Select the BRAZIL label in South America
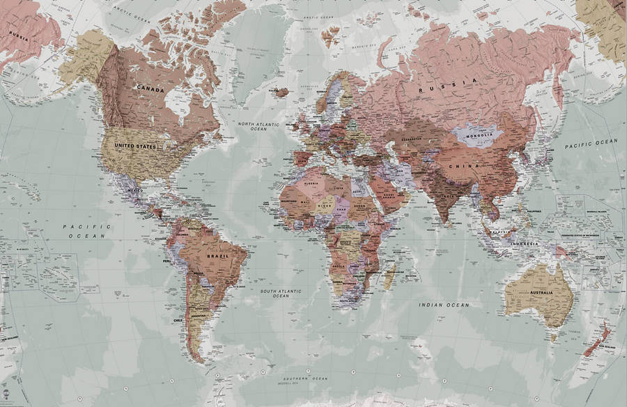pyautogui.click(x=217, y=256)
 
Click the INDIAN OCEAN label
pyautogui.click(x=444, y=305)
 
